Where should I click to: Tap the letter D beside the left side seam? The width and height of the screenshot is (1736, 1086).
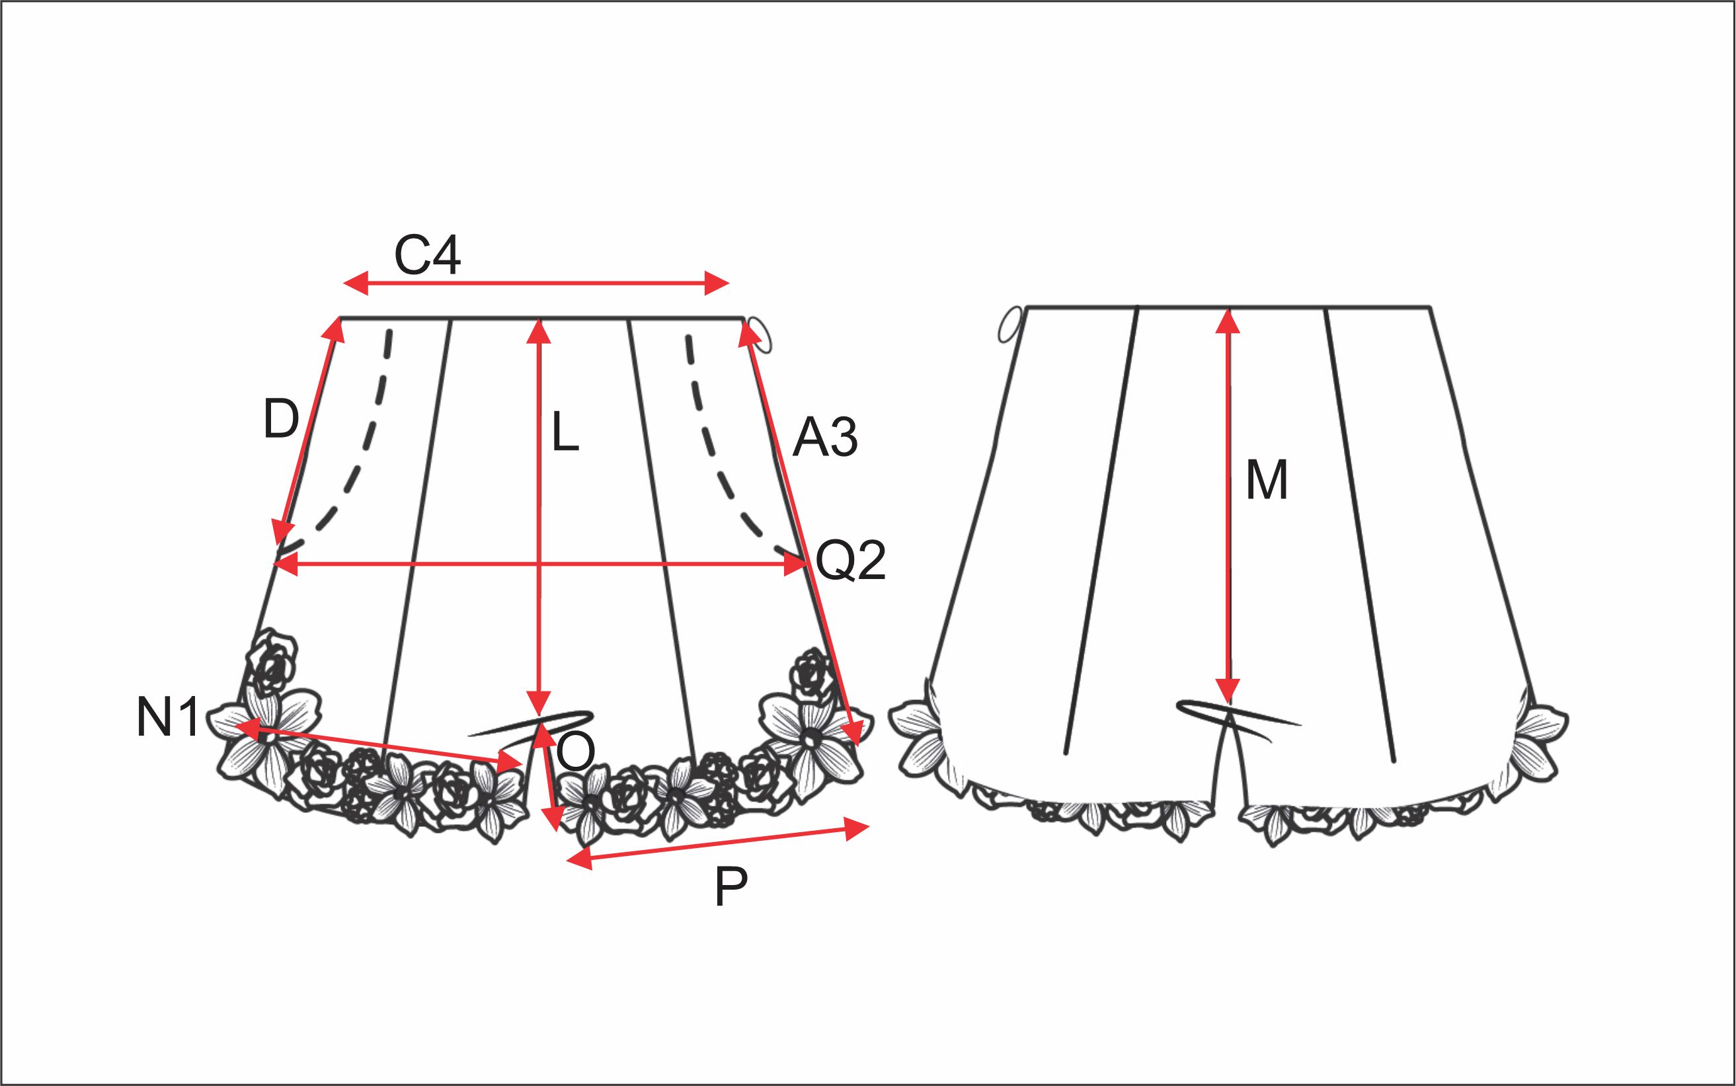pyautogui.click(x=281, y=419)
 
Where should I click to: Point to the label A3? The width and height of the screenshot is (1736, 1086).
pyautogui.click(x=825, y=438)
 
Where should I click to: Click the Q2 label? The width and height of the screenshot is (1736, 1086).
pyautogui.click(x=850, y=561)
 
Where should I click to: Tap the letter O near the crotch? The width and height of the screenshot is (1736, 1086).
pyautogui.click(x=576, y=754)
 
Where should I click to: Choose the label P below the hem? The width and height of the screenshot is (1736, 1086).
pyautogui.click(x=731, y=888)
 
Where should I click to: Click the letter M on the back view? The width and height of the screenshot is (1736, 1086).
pyautogui.click(x=1266, y=481)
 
